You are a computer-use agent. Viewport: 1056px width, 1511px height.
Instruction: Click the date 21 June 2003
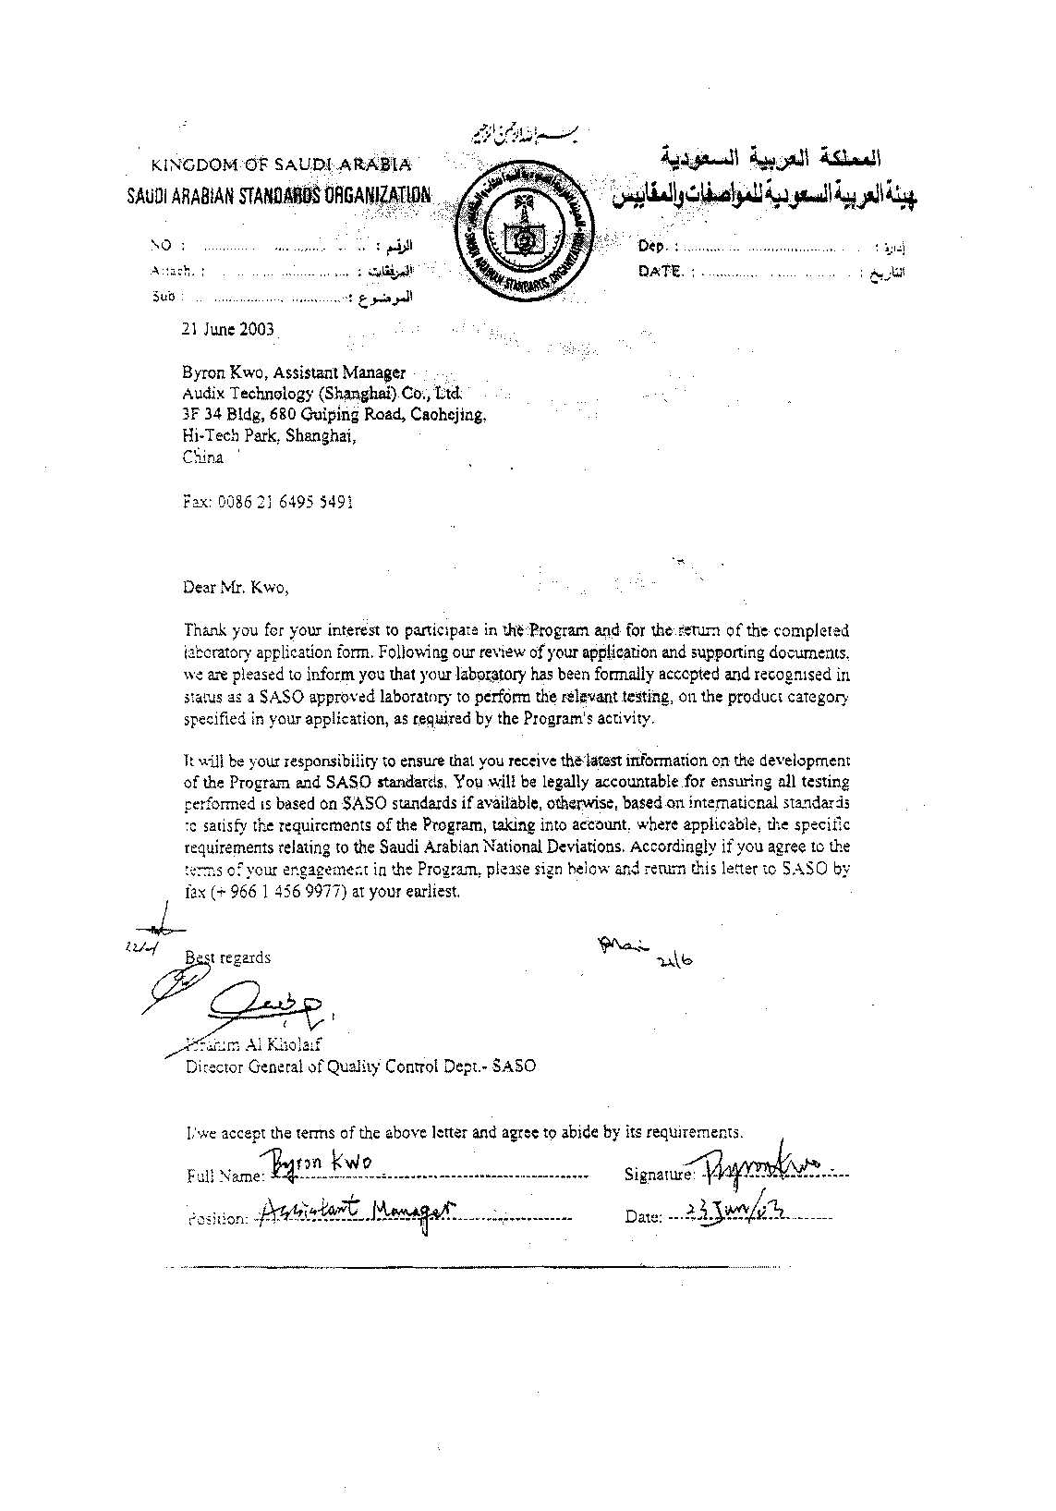(x=228, y=329)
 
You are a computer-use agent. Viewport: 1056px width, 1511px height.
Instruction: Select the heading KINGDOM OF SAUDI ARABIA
(x=282, y=165)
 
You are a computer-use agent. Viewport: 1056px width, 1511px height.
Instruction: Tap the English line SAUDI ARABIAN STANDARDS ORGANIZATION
(x=278, y=195)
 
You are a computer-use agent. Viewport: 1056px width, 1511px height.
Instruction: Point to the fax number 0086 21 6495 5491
(x=268, y=502)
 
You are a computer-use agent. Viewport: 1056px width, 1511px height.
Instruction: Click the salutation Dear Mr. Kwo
(x=236, y=587)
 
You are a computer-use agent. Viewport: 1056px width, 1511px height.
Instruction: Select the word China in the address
(x=202, y=457)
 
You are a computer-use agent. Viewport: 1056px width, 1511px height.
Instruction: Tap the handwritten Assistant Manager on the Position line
(x=355, y=1212)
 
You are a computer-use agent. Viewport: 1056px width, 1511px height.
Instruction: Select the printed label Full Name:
(x=225, y=1176)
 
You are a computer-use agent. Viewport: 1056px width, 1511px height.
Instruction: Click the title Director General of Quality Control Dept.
(x=360, y=1066)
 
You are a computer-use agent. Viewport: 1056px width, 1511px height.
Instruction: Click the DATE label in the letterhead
(x=660, y=271)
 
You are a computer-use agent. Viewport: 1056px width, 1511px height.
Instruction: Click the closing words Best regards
(x=228, y=957)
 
